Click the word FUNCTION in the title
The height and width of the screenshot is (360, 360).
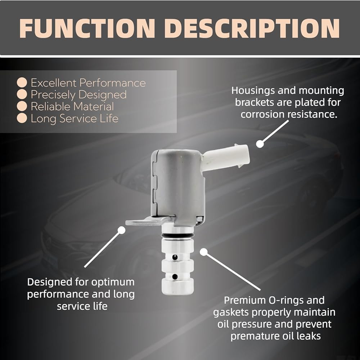(87, 28)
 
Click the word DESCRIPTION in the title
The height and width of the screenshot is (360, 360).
(252, 28)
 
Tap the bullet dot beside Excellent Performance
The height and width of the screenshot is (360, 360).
(22, 82)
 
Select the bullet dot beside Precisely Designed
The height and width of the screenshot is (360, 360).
(22, 94)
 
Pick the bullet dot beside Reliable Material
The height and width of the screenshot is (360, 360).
(22, 106)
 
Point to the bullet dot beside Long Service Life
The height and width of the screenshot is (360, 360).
(22, 118)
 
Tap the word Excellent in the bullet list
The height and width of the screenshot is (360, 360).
(54, 83)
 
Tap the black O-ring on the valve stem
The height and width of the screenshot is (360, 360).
(177, 236)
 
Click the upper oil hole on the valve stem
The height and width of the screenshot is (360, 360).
(175, 257)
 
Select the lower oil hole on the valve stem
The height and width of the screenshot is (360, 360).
(175, 276)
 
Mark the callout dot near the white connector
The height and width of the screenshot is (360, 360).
(260, 144)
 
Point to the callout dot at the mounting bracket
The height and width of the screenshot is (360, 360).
(121, 230)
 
